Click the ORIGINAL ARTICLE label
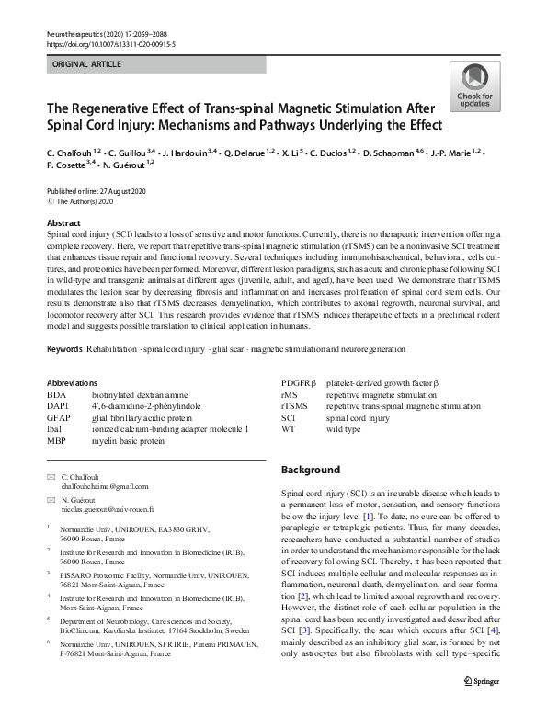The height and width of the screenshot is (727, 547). [x=87, y=65]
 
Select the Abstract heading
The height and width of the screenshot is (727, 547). [x=65, y=223]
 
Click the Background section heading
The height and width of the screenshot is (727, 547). [x=310, y=470]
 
